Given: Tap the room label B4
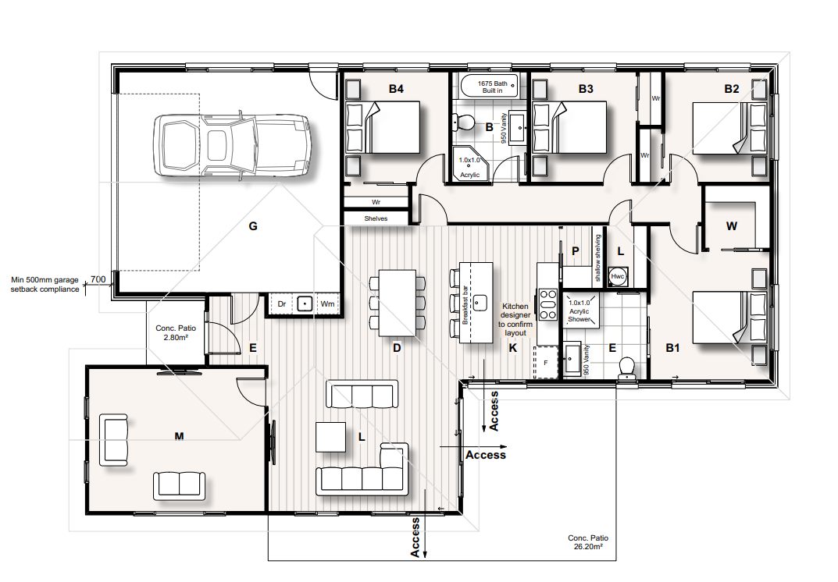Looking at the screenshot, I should pos(396,90).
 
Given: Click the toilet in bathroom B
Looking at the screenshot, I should pos(463,122).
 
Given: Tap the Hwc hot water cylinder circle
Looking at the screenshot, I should pos(618,277).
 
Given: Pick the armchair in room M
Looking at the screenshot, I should pos(114,441).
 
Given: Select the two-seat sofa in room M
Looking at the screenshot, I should pos(180,484).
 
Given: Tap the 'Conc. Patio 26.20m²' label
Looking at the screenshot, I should pos(588,542).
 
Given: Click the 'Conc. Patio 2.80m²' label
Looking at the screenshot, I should pos(175,332).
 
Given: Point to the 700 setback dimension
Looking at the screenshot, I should pos(98,279).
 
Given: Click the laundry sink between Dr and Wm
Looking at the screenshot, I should pos(305,303).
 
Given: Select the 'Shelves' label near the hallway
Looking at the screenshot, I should pos(376,218).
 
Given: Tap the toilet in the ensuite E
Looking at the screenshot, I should pos(626,367).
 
